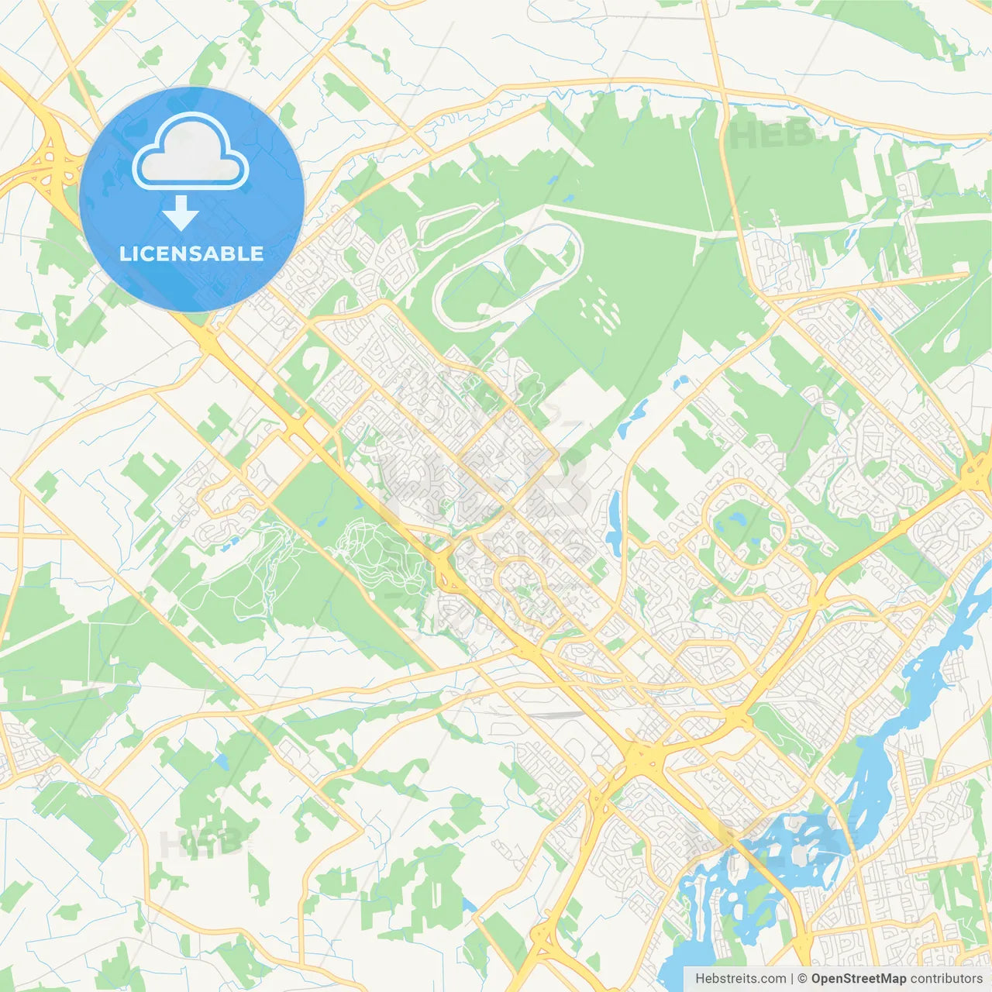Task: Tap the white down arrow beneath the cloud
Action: click(x=181, y=214)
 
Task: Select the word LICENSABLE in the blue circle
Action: click(x=191, y=254)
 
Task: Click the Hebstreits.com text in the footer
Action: click(x=740, y=979)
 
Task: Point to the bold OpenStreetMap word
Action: click(x=859, y=979)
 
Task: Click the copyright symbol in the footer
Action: click(x=803, y=979)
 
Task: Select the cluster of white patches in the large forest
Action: click(x=601, y=310)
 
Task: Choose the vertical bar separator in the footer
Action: click(x=792, y=979)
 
